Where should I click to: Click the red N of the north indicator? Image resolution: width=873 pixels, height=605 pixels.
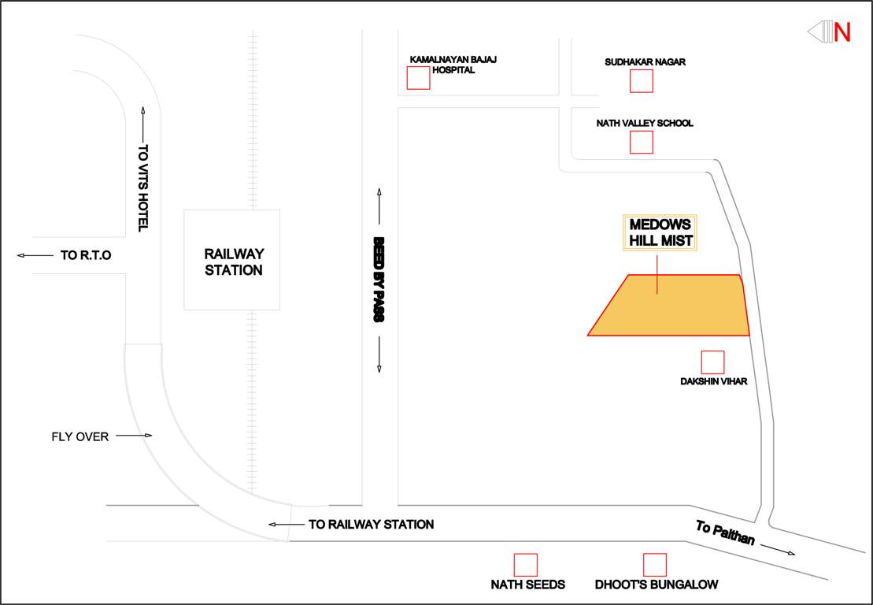click(x=842, y=32)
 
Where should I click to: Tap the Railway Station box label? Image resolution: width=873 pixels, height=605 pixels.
click(x=234, y=262)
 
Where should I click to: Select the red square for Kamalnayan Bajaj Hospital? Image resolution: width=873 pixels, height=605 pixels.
click(x=418, y=78)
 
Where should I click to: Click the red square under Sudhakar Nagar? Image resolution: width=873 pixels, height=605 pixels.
click(x=641, y=81)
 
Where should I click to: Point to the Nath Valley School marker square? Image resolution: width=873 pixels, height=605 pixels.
click(x=642, y=142)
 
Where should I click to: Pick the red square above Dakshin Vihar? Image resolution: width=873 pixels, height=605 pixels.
click(x=712, y=362)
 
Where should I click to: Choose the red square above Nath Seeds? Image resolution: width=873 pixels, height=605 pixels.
click(x=525, y=565)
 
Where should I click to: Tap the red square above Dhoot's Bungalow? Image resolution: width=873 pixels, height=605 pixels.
click(x=655, y=565)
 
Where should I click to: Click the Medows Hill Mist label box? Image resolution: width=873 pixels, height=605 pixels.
click(x=660, y=232)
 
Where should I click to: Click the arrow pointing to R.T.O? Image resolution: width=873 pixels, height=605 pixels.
click(x=33, y=255)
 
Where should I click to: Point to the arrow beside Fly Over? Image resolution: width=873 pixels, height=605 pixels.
click(x=133, y=436)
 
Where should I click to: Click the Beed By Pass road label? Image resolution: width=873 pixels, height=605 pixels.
click(x=379, y=280)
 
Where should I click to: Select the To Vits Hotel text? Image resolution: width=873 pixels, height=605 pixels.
click(x=143, y=187)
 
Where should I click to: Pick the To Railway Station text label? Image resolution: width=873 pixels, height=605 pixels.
click(x=371, y=524)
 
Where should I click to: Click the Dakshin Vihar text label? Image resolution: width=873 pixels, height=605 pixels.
click(x=713, y=382)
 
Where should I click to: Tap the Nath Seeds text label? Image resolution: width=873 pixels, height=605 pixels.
click(x=527, y=585)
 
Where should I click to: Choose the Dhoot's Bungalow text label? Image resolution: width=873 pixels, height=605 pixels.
click(x=657, y=585)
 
